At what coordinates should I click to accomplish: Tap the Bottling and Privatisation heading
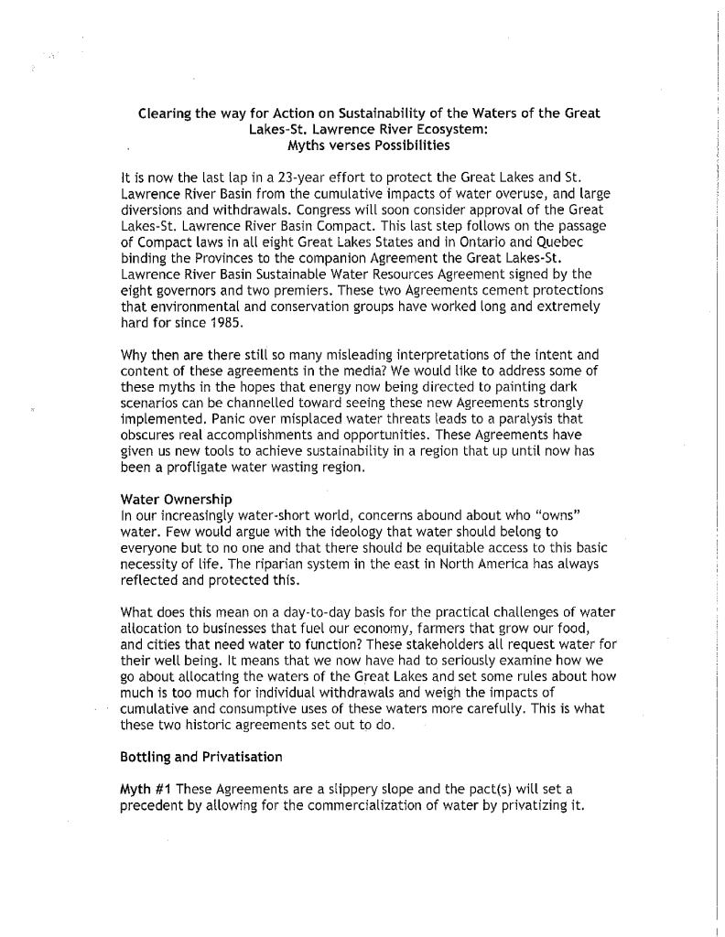[201, 757]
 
